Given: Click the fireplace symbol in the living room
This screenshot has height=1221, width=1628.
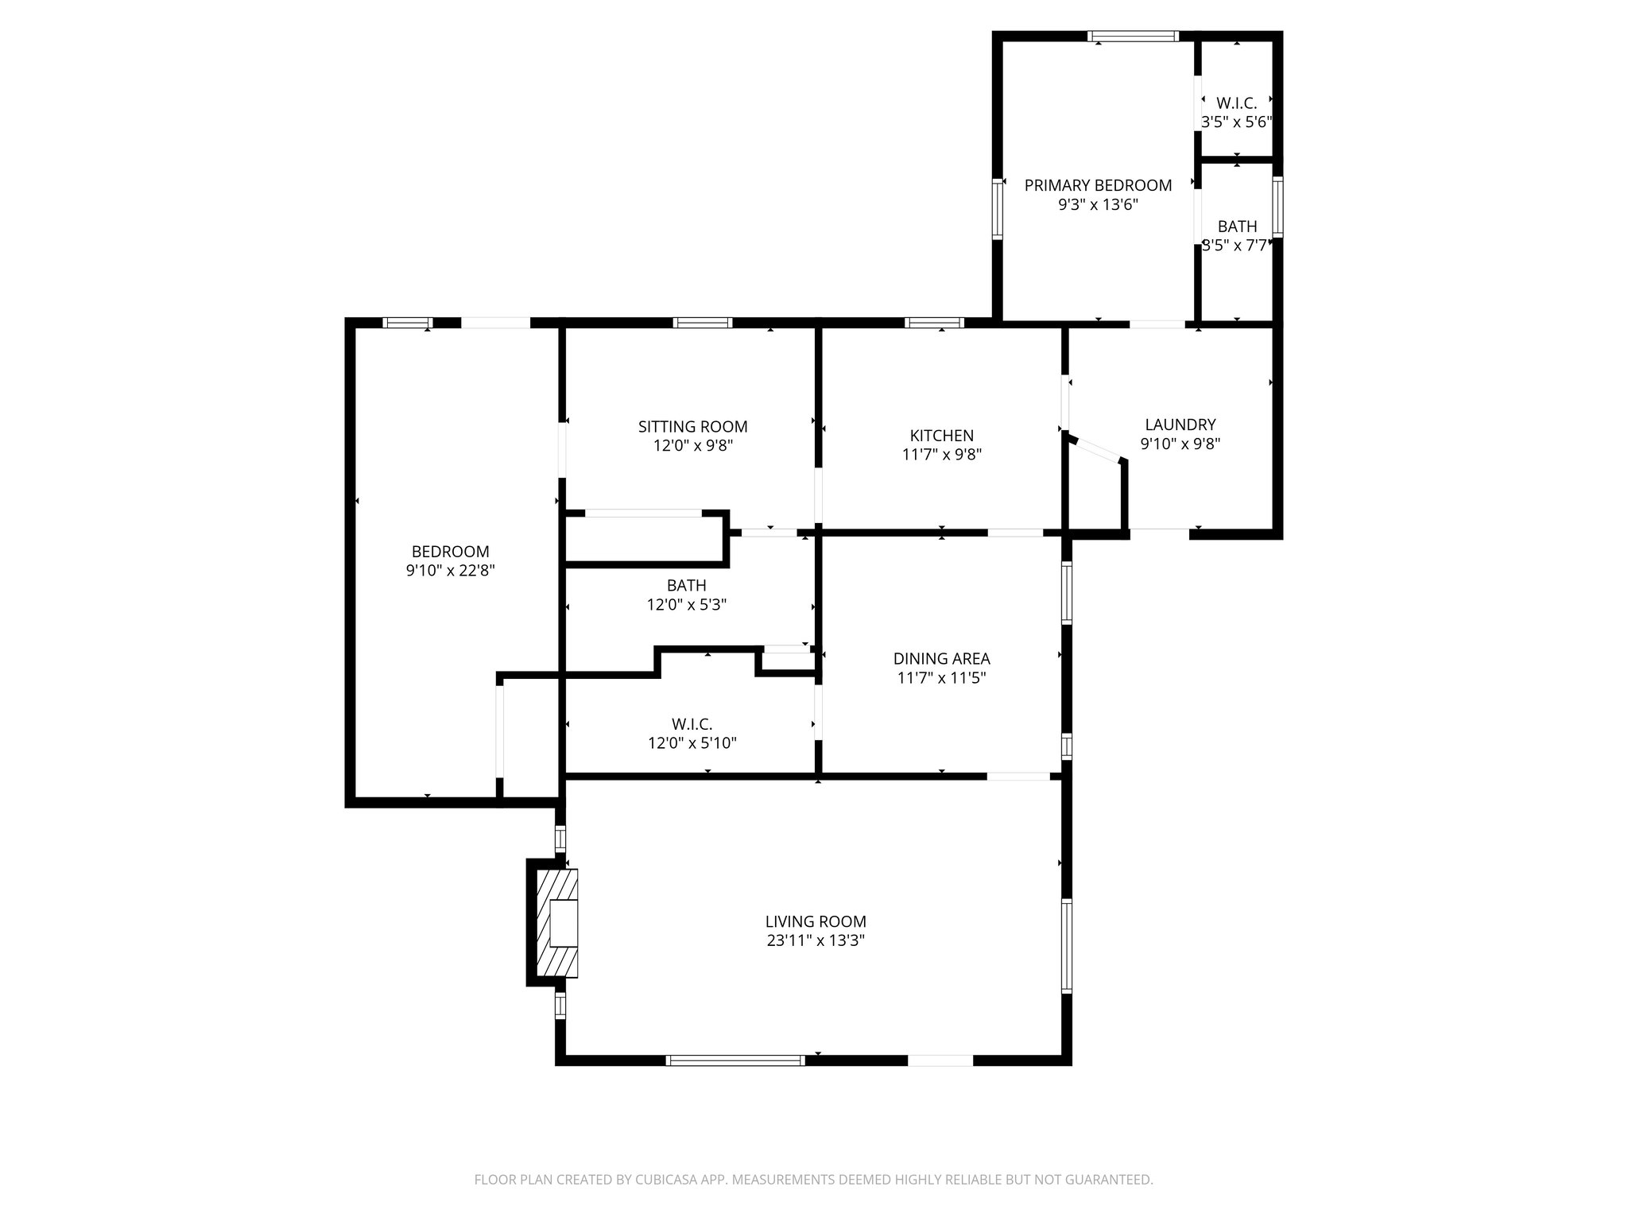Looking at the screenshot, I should click(557, 923).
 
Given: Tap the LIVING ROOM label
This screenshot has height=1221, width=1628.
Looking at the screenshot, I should click(816, 921).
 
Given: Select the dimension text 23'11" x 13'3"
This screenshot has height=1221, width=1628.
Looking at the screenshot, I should click(816, 940).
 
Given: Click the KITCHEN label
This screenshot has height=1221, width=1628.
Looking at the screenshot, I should click(941, 436).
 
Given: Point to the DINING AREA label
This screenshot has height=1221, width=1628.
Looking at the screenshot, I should click(941, 658).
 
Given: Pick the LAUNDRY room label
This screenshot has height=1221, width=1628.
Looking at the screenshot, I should click(1180, 424).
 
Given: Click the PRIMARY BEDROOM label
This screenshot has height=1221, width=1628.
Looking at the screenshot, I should click(1098, 185).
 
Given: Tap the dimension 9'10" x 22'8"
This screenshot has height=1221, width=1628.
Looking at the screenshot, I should click(450, 570).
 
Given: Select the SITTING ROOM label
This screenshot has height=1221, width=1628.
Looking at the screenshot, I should click(692, 427).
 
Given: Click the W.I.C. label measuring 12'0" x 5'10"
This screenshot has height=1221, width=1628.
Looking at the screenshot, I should click(692, 724).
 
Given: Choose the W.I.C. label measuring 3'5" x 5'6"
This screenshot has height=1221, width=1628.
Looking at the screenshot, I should click(1236, 103).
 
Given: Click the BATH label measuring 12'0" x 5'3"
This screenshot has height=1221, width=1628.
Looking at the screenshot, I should click(686, 585).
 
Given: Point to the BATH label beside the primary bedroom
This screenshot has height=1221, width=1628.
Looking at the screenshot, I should click(1237, 227).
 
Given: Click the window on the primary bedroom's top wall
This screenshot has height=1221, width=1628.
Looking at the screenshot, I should click(1133, 36).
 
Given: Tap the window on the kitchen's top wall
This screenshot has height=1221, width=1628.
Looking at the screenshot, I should click(934, 323).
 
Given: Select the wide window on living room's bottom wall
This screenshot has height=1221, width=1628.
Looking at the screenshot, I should click(735, 1060).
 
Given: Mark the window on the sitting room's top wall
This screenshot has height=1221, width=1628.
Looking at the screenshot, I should click(702, 323).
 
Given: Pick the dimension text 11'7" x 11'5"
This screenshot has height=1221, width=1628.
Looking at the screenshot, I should click(941, 678).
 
